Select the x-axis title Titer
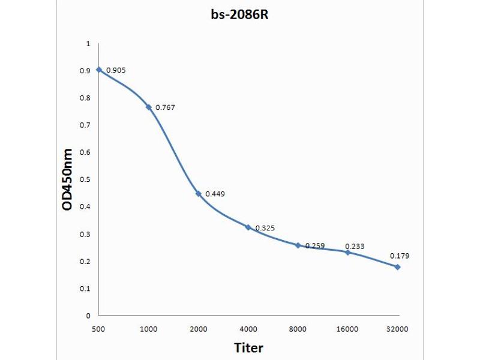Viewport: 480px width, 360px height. pos(248,347)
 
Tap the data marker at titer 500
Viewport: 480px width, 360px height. pos(99,70)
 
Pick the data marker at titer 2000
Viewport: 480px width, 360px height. pos(199,194)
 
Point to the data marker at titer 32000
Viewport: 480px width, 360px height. pos(397,266)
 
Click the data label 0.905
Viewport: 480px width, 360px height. pos(116,70)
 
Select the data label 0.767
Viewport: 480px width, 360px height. pos(165,107)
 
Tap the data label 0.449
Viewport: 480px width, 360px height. pos(215,194)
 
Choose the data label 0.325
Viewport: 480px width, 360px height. pos(265,228)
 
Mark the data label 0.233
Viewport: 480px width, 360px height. pos(355,246)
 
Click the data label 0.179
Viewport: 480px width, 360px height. pos(400,256)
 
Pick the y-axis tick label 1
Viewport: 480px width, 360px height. pos(88,44)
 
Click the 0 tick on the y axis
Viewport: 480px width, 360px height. pos(88,316)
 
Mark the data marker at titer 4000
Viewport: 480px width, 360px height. pos(248,227)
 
